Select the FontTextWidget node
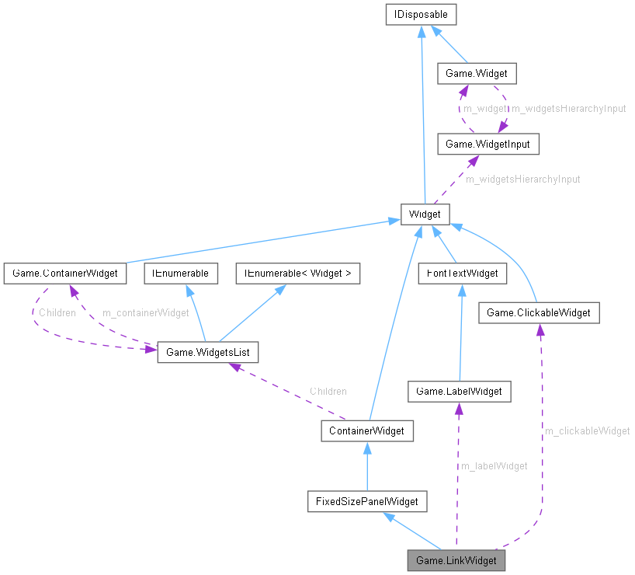pyautogui.click(x=462, y=273)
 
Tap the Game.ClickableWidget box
pyautogui.click(x=539, y=312)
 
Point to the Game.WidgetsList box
pyautogui.click(x=207, y=352)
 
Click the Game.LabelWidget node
pyautogui.click(x=460, y=392)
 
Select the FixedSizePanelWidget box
pyautogui.click(x=366, y=501)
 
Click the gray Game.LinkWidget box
pyautogui.click(x=456, y=559)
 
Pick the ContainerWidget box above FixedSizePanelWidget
pyautogui.click(x=367, y=430)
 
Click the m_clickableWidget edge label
pyautogui.click(x=587, y=430)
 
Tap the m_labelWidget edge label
pyautogui.click(x=494, y=465)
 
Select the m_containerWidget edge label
pyautogui.click(x=146, y=312)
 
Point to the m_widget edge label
pyautogui.click(x=484, y=109)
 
